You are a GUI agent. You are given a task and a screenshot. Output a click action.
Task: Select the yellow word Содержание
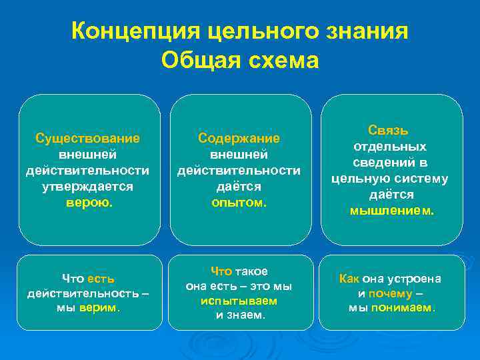tap(239, 138)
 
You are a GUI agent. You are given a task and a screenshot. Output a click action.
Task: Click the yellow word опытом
tap(239, 202)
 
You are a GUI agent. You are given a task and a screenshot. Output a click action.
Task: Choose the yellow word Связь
tap(390, 130)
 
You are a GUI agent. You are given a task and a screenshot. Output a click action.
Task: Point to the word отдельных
tap(390, 146)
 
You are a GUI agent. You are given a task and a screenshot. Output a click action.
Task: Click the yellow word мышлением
tap(391, 211)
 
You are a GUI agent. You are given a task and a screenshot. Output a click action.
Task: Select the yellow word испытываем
tap(239, 301)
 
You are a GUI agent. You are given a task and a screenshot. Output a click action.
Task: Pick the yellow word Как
tap(349, 279)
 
